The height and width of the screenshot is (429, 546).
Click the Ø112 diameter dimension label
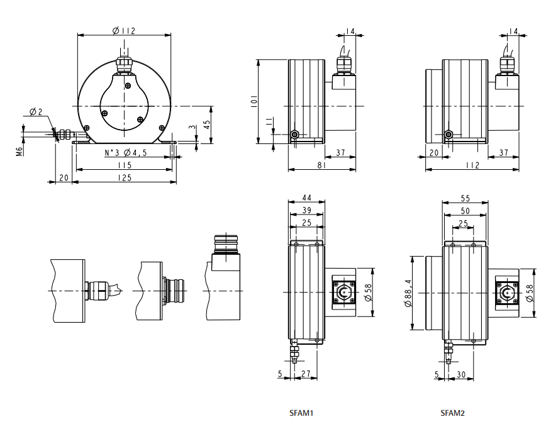(x=123, y=30)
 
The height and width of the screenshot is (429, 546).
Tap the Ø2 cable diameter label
(x=36, y=112)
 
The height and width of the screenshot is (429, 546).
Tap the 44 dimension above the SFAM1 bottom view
(x=306, y=198)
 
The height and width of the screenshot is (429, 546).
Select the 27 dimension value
(x=306, y=374)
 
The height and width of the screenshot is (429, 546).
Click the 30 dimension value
(x=461, y=374)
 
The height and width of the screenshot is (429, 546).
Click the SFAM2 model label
(x=453, y=413)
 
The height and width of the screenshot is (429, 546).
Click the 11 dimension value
(x=269, y=123)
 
